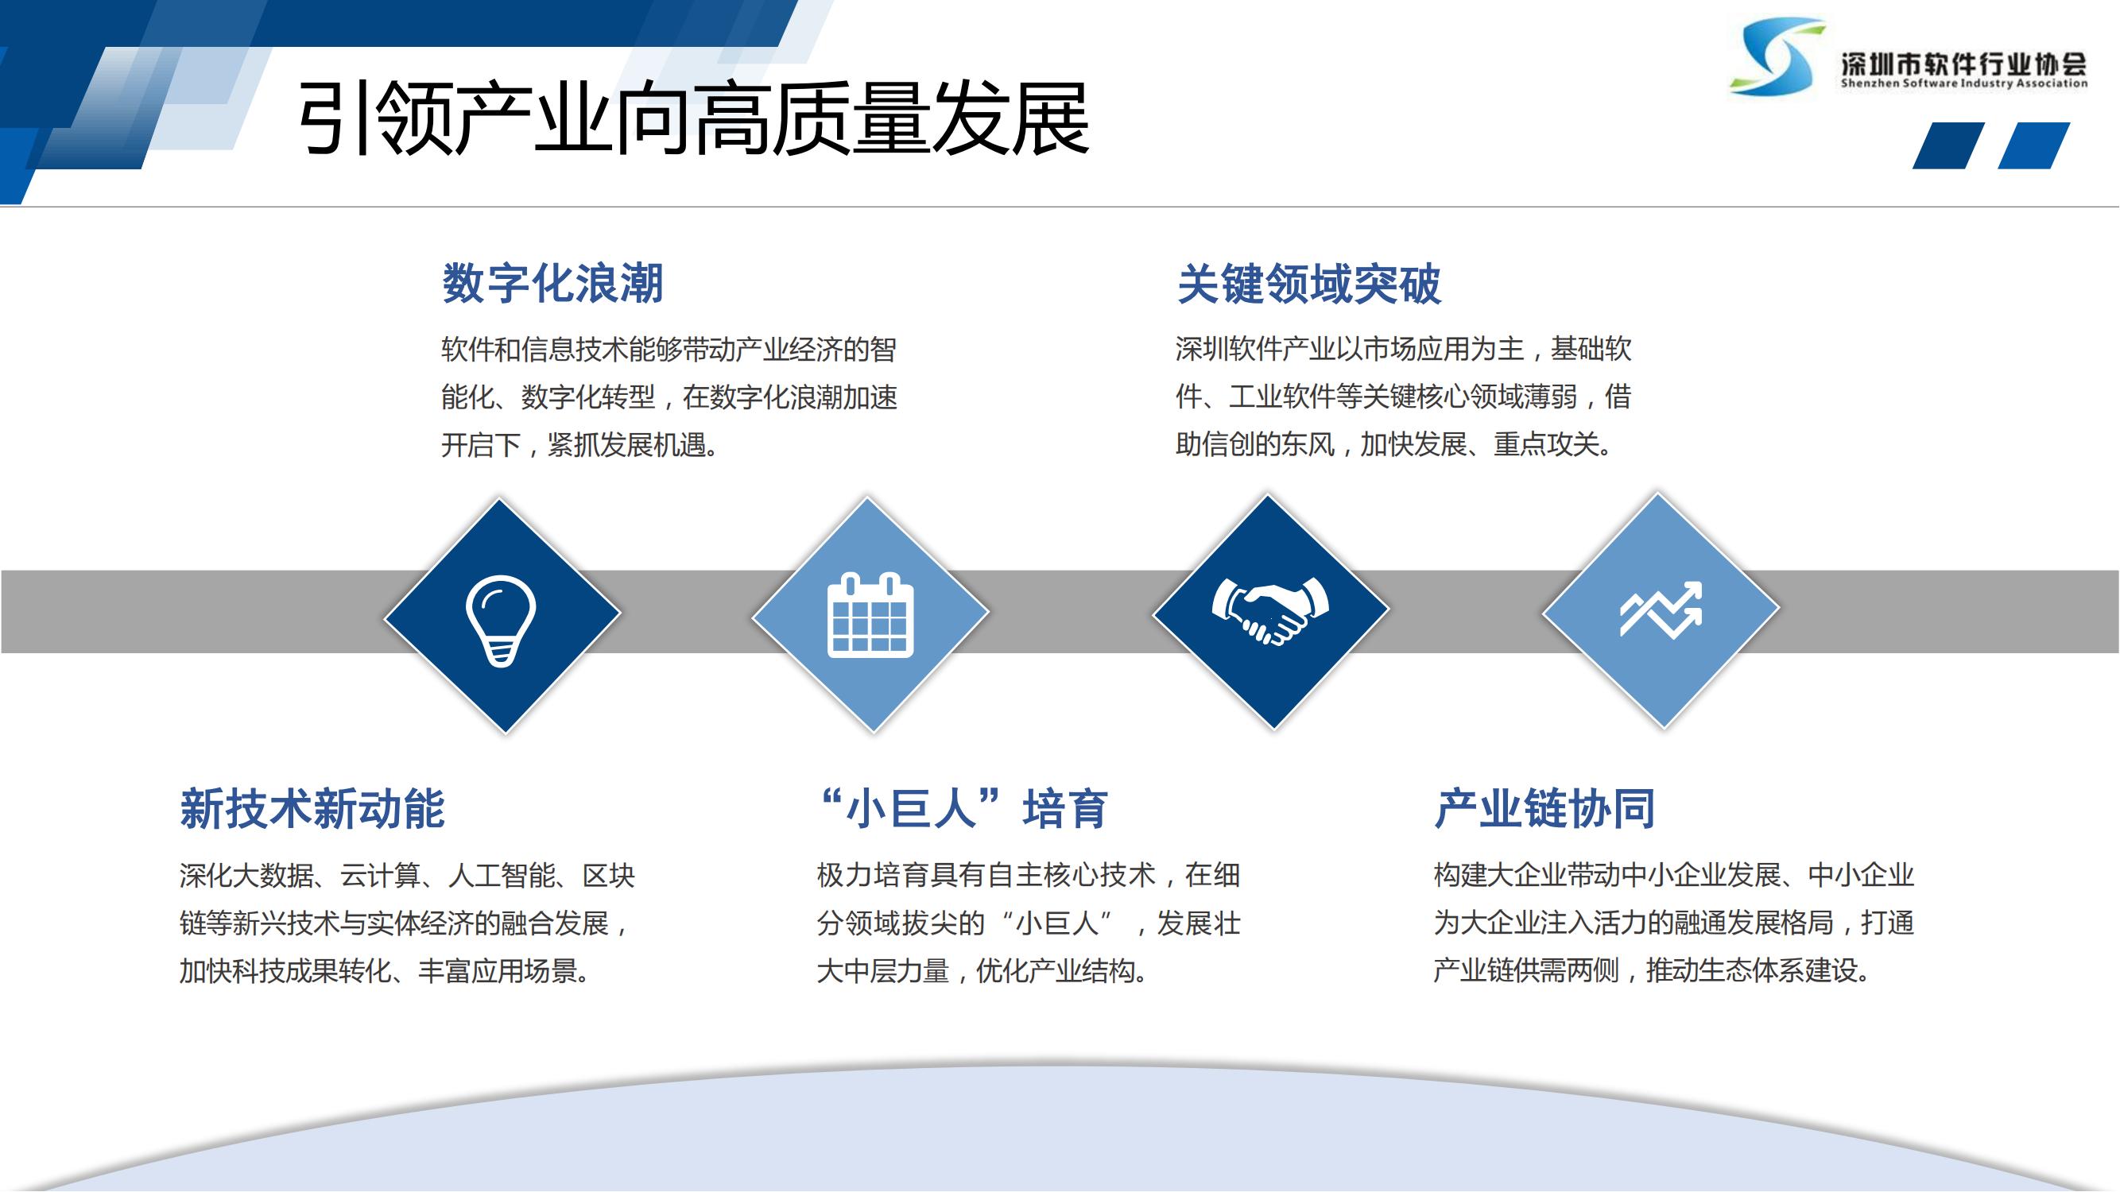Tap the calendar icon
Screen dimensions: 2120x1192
coord(870,614)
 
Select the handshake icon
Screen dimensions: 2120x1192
coord(1270,610)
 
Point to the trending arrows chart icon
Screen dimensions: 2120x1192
coord(1661,610)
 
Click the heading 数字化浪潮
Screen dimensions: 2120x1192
coord(552,283)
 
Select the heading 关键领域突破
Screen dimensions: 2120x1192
coord(1308,284)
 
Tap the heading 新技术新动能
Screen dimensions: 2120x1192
coord(312,808)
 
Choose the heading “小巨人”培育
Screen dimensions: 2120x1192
coord(963,808)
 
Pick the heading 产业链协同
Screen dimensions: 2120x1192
coord(1544,808)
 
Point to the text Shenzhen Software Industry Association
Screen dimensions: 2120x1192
coord(1963,83)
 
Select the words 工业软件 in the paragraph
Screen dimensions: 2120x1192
coord(1281,397)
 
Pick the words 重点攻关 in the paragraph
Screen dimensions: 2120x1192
coord(1546,445)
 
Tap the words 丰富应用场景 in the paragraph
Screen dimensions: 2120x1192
coord(498,972)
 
